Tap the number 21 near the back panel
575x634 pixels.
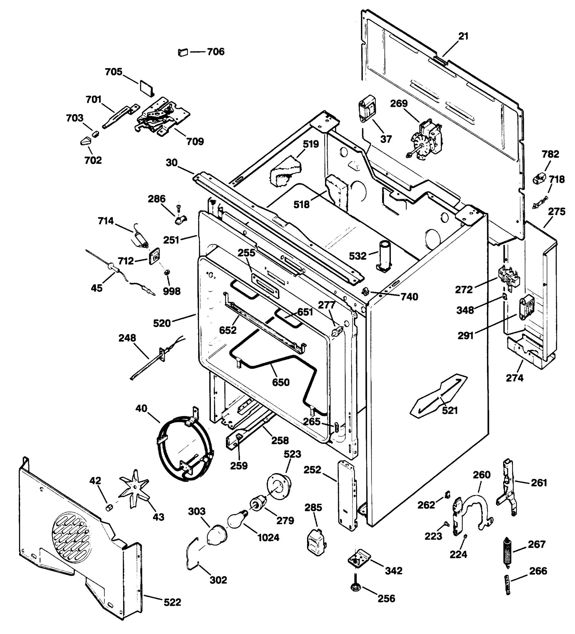point(463,36)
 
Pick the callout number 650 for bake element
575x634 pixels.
point(281,383)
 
